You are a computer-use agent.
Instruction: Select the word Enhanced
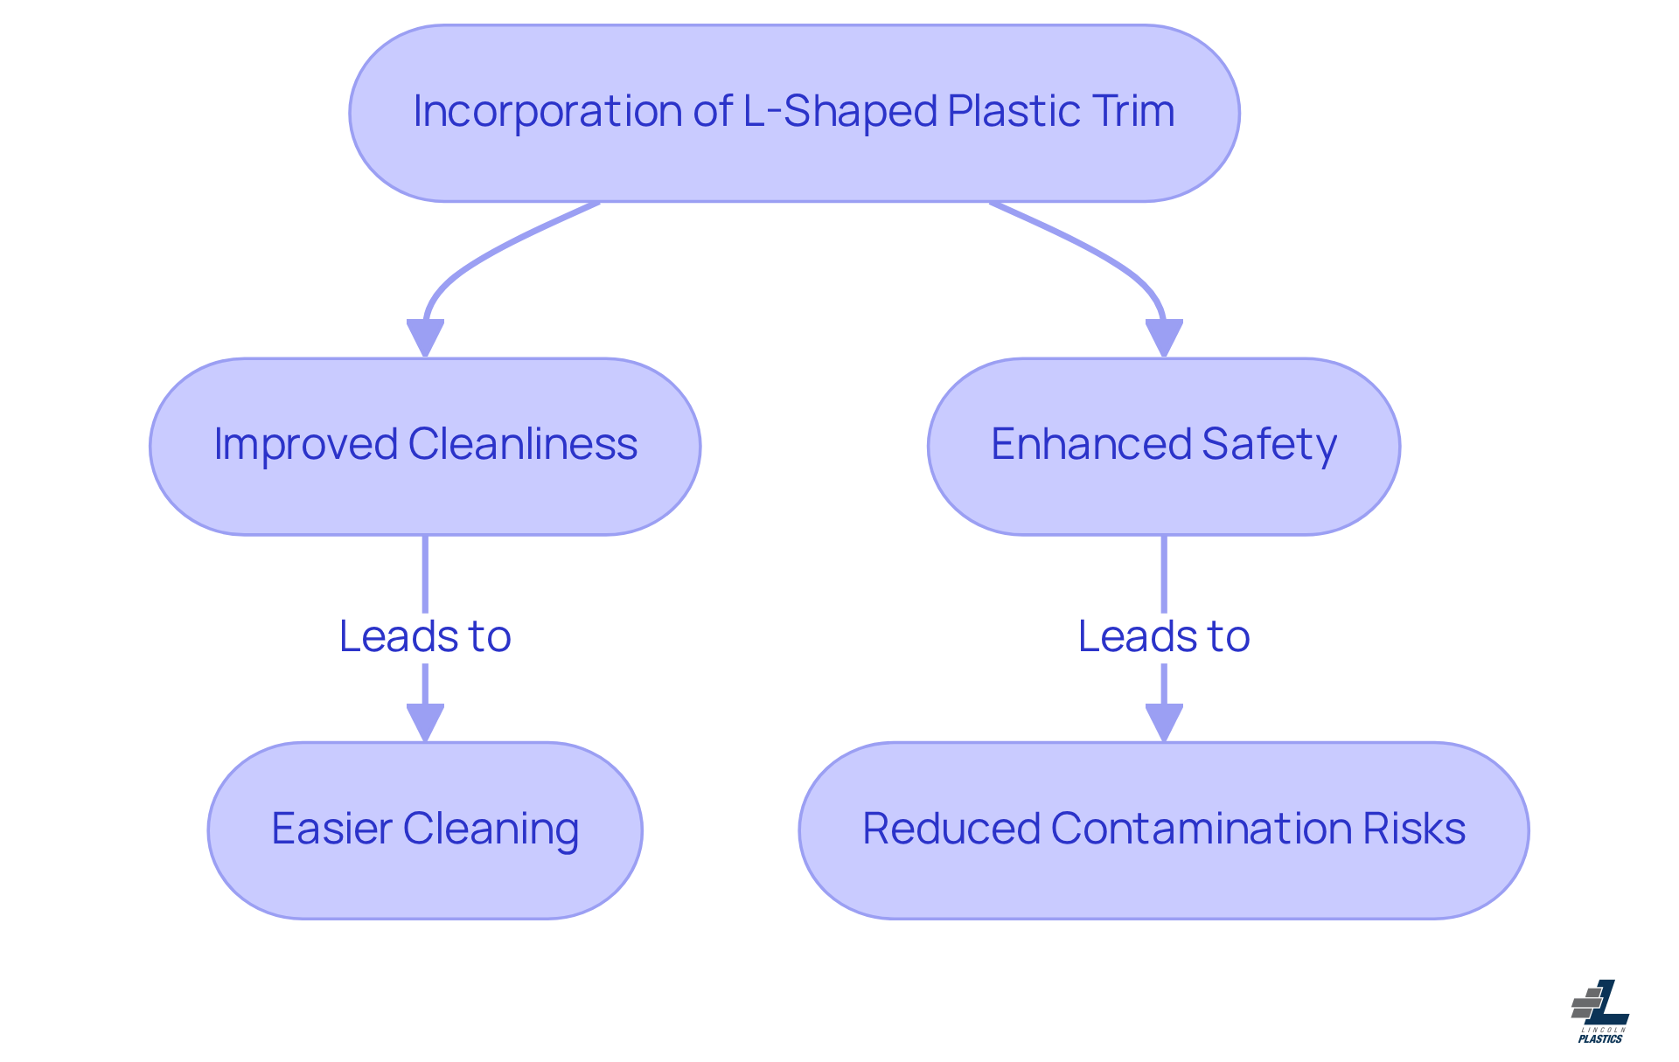1090,445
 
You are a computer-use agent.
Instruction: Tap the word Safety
1270,445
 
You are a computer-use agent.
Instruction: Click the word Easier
331,829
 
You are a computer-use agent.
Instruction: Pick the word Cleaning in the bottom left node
491,829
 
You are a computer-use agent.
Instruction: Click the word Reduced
951,829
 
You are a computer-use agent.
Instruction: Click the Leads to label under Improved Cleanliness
425,636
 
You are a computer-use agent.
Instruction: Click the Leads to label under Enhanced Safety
1164,636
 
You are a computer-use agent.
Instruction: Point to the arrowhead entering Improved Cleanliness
425,337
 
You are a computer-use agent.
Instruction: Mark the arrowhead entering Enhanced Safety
1164,337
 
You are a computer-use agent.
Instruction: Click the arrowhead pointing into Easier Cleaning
425,722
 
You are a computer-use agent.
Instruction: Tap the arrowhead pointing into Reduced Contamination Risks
1164,722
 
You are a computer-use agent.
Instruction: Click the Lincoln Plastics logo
1600,1011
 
